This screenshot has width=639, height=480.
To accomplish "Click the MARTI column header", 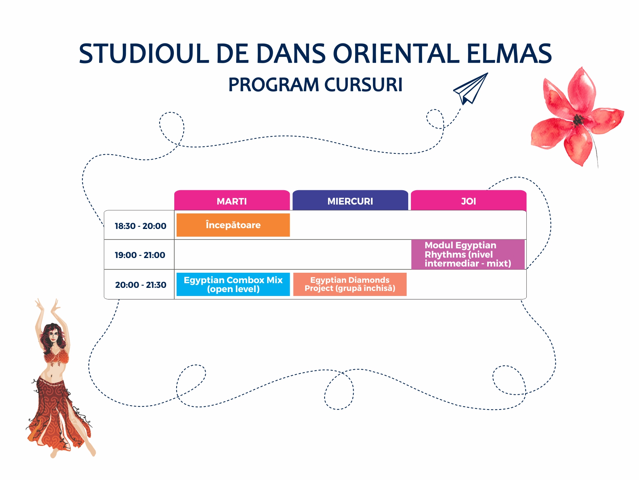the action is coord(232,200).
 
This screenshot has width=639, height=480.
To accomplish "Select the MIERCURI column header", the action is coord(350,200).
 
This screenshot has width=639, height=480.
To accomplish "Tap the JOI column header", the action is coord(468,200).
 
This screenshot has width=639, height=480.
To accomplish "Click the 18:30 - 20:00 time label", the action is coord(140,226).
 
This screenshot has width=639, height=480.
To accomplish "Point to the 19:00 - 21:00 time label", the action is coord(140,255).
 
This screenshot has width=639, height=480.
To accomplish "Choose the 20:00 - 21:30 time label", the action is coord(141,285).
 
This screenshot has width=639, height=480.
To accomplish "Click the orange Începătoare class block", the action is coord(233,225).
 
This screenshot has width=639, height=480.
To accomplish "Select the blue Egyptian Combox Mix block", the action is coord(233,284).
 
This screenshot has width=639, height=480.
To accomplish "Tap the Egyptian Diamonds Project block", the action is coord(350,284).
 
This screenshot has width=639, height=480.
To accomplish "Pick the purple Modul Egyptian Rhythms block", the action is coord(468,255).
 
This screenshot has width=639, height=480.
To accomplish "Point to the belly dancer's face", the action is coord(53,337).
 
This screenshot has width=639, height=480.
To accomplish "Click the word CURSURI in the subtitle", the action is coord(363,85).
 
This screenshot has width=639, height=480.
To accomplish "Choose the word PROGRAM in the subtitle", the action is coord(274,85).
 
